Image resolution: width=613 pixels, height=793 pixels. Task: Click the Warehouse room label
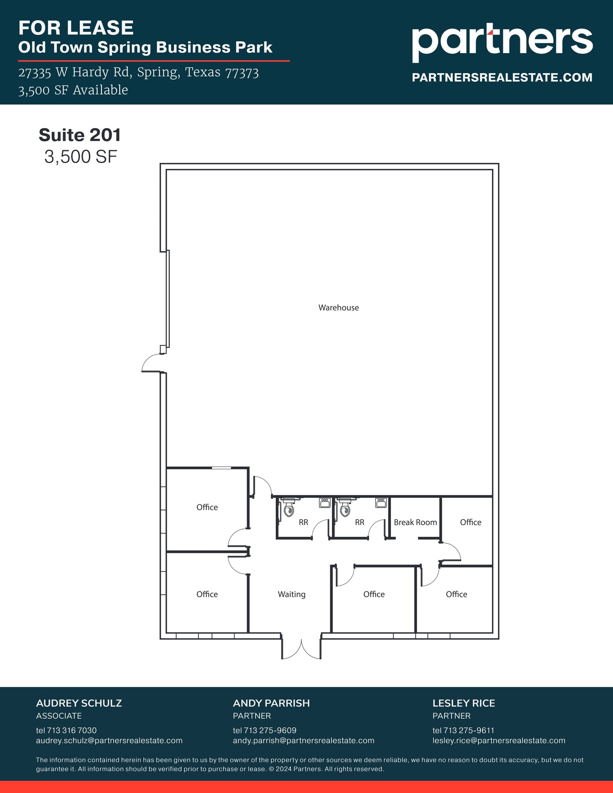point(338,307)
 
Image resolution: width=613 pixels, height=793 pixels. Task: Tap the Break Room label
point(415,522)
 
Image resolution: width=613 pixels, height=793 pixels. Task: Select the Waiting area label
point(292,594)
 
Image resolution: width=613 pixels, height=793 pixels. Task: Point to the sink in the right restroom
point(381,503)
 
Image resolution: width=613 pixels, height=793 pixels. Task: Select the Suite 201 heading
point(80,135)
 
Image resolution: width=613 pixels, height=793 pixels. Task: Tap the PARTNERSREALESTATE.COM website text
point(502,77)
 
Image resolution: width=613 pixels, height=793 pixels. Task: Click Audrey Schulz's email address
point(109,740)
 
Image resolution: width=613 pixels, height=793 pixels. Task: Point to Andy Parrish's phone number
point(264,730)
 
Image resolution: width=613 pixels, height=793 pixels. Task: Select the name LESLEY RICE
point(464,703)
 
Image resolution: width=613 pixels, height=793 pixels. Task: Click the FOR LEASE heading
point(76,28)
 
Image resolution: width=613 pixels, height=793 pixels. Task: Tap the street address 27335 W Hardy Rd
point(73,72)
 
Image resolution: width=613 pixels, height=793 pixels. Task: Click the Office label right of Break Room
point(470,522)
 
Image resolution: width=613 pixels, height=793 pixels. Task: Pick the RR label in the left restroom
point(303,522)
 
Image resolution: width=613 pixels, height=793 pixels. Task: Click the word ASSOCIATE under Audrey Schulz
point(59,716)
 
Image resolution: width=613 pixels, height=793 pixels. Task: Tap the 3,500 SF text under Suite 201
point(81,157)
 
